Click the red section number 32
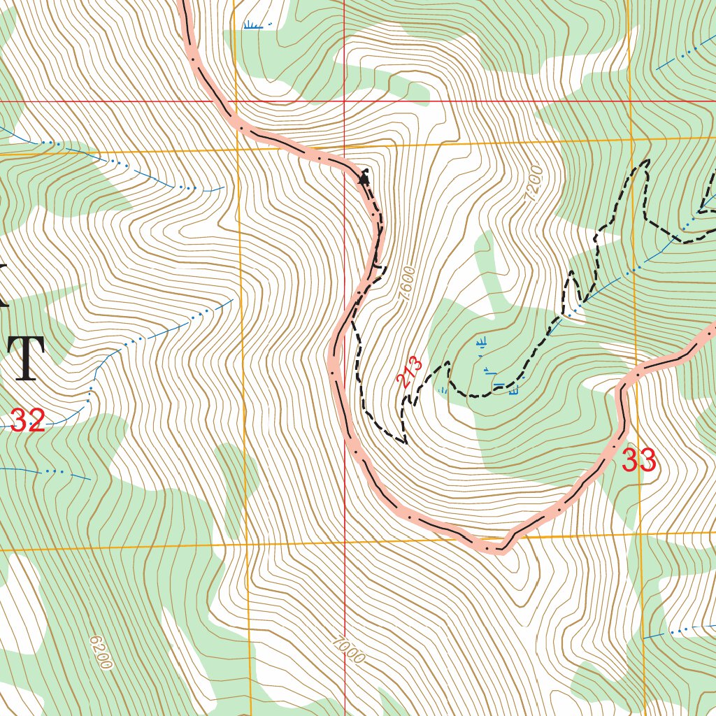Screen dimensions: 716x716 28,421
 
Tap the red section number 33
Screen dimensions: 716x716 639,461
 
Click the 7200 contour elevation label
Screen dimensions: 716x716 533,184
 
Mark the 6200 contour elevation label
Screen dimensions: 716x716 101,652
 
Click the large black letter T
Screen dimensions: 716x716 27,358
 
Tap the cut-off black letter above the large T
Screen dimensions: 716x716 3,286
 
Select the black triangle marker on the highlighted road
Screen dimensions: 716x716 363,179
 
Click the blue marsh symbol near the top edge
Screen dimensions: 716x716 257,26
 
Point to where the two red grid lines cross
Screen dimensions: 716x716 345,101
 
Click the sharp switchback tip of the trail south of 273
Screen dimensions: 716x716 405,442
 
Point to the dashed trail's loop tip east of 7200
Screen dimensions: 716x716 644,162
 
